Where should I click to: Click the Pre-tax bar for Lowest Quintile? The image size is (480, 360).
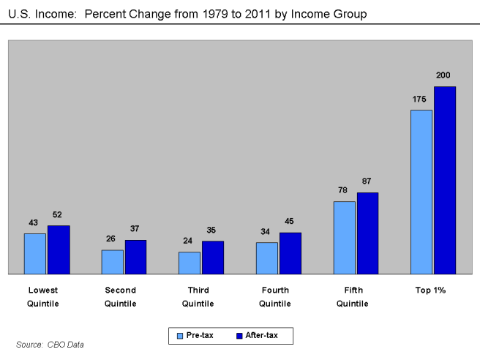pos(35,253)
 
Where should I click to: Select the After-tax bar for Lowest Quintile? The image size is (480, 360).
pos(59,250)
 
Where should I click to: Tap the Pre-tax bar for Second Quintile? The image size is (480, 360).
pos(112,262)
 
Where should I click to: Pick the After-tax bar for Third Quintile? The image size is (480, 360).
pos(213,258)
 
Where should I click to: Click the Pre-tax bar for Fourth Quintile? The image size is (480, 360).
pos(267,258)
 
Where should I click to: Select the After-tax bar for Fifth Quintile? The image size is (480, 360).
pos(367,233)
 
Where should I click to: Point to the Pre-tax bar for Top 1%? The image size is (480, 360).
pos(421,192)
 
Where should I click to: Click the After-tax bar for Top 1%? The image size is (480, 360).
pos(445,180)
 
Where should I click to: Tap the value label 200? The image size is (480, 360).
pos(443,75)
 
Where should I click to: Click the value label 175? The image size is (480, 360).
pos(420,99)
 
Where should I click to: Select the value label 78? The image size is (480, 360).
pos(342,190)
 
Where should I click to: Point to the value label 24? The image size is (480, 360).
pos(188,241)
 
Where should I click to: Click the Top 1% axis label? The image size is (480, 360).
pos(431,290)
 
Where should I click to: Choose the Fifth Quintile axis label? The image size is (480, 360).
pos(353,296)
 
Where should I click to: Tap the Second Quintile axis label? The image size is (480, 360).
pos(121,296)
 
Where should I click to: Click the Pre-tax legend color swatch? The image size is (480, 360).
pos(180,336)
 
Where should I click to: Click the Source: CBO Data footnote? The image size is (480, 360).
pos(50,344)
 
